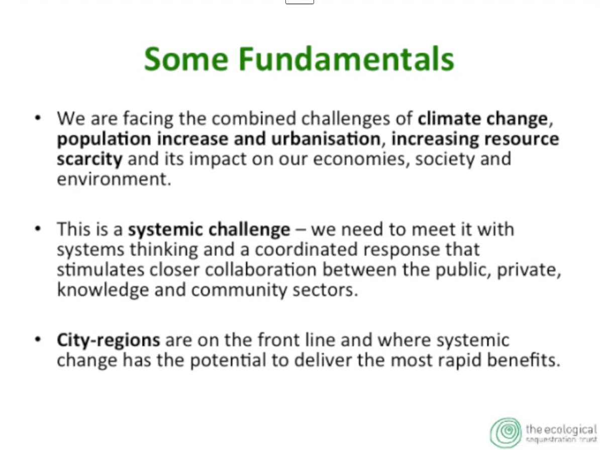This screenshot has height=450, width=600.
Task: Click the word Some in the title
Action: coord(186,59)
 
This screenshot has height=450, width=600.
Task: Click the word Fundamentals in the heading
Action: coord(346,59)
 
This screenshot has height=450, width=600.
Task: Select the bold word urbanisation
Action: coord(326,139)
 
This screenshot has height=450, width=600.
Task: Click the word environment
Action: coord(114,179)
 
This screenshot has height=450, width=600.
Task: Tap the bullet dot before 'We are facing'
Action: coord(38,118)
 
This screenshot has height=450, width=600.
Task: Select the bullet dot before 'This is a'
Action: coord(38,229)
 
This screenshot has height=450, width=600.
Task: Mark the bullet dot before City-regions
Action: coord(38,340)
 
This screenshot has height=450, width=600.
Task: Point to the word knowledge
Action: coord(103,290)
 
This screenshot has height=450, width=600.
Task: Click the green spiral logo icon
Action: coord(506,432)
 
